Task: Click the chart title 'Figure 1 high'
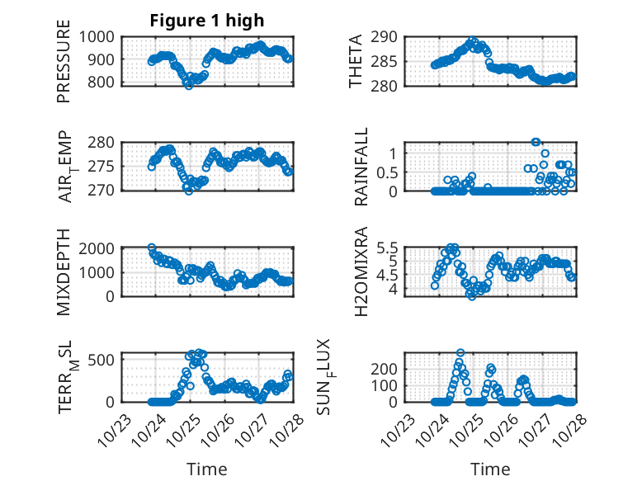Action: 207,21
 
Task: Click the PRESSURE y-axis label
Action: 64,66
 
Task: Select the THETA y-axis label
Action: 356,62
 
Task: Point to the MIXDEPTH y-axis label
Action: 64,272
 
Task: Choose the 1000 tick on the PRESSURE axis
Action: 100,36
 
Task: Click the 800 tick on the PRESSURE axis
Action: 105,83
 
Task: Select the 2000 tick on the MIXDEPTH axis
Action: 100,248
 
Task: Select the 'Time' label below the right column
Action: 490,469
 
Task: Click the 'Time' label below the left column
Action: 206,469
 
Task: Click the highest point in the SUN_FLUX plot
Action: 460,352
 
